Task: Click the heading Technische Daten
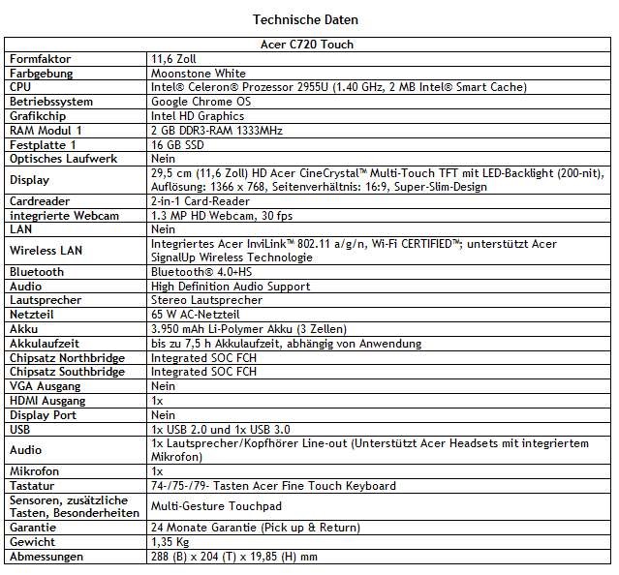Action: point(308,19)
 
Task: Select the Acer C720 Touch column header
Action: point(307,45)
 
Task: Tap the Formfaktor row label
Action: point(41,59)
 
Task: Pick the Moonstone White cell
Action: point(199,73)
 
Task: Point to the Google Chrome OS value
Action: point(202,102)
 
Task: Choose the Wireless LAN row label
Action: point(44,251)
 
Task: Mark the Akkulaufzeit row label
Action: point(44,343)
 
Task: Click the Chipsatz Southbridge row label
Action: point(66,372)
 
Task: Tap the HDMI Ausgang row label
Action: point(46,400)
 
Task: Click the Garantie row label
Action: point(33,528)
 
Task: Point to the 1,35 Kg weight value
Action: point(170,542)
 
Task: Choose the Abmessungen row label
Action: point(46,557)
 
